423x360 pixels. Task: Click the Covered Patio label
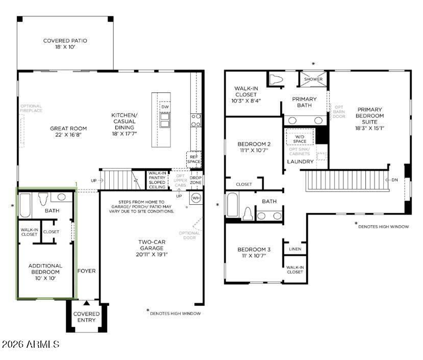click(x=65, y=41)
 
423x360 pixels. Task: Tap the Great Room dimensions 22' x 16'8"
click(x=68, y=135)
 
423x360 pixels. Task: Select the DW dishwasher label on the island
click(x=165, y=107)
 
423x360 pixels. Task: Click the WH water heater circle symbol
click(x=196, y=197)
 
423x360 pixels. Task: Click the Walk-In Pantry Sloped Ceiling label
click(x=157, y=180)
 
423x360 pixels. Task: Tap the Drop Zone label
click(x=195, y=180)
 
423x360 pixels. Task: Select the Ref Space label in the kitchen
click(x=194, y=159)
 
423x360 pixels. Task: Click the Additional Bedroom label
click(x=45, y=269)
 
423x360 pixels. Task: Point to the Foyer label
click(x=86, y=271)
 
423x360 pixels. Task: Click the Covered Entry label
click(x=86, y=317)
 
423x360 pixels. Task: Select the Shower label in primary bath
click(x=313, y=79)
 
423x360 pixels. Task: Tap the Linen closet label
click(x=295, y=249)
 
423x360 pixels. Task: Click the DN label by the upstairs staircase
click(x=394, y=180)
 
